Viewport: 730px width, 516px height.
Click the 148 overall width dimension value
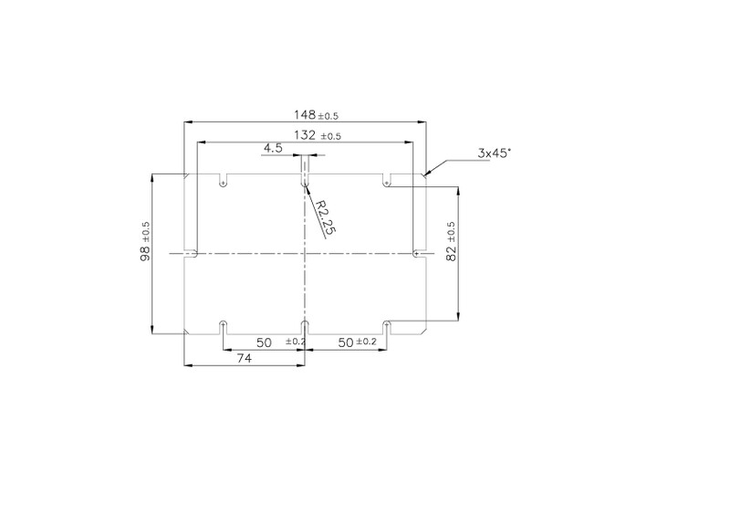305,114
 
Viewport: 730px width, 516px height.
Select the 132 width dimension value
305,135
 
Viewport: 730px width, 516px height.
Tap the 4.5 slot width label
273,148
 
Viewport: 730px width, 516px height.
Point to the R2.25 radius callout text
326,216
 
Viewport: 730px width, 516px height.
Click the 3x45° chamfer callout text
494,153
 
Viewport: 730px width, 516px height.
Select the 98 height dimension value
145,253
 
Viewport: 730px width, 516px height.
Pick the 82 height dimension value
451,253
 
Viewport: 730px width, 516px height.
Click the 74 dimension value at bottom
245,358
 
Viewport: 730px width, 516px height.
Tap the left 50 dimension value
264,342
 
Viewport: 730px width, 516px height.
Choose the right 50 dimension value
346,342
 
